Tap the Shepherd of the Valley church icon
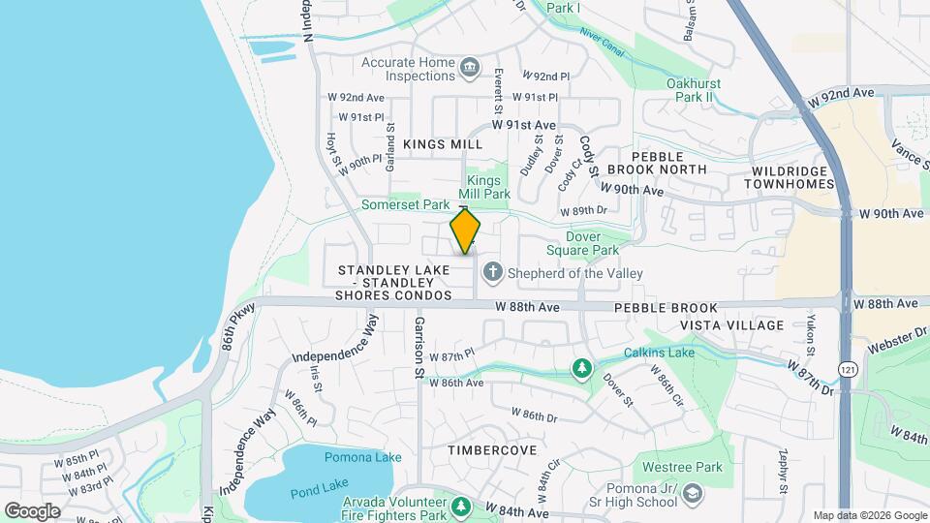(492, 272)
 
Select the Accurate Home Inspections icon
(470, 67)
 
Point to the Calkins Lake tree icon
(581, 367)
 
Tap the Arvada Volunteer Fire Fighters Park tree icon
(461, 507)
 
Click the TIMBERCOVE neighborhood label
(492, 450)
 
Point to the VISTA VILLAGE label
(731, 325)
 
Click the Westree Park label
(689, 467)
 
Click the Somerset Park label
(406, 205)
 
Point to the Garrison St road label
(420, 346)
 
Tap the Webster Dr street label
(897, 339)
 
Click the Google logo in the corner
(32, 510)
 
